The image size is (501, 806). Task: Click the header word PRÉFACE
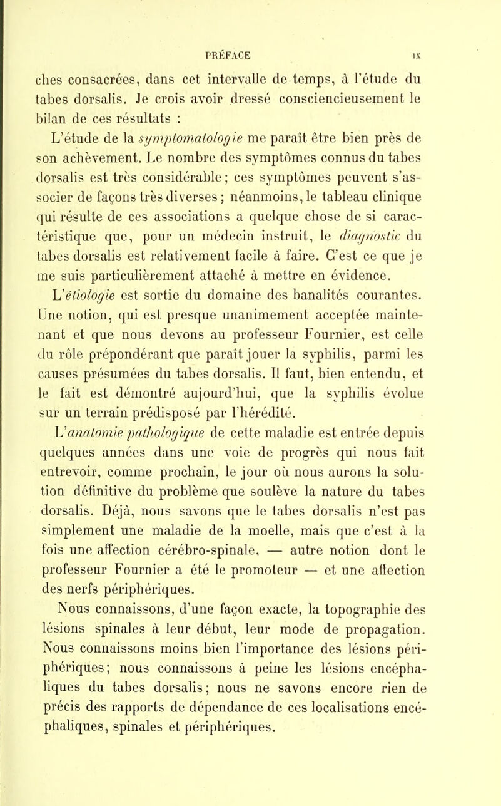[x=251, y=10]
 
